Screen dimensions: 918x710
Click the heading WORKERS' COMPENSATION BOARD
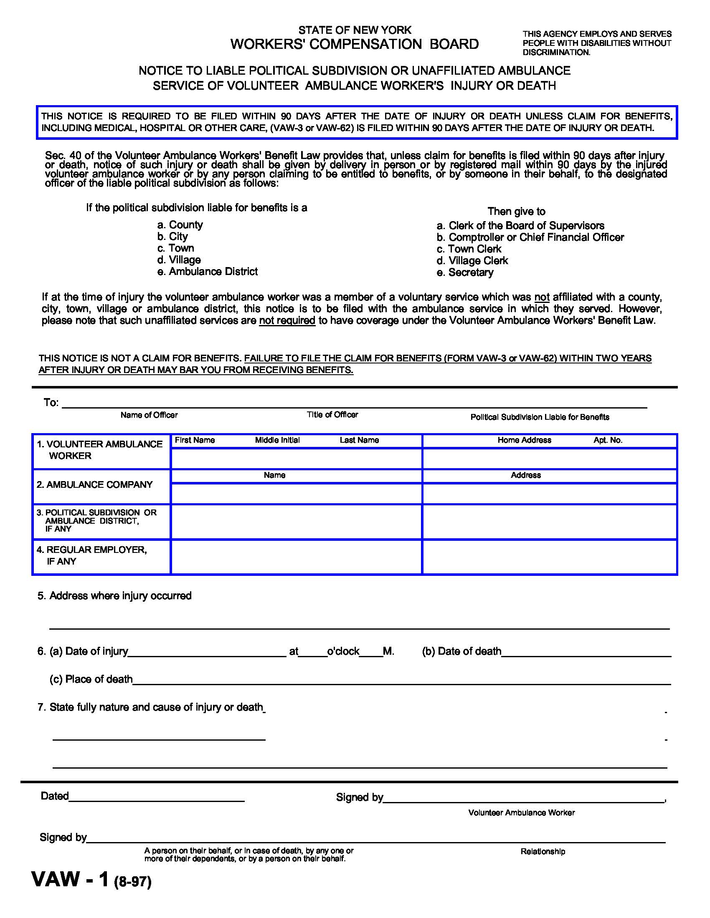(x=354, y=44)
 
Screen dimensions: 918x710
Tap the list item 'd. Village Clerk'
(x=472, y=261)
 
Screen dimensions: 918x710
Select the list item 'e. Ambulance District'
(x=208, y=272)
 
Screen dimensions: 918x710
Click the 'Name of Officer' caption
(x=149, y=415)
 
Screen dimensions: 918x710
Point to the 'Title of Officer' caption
(x=332, y=415)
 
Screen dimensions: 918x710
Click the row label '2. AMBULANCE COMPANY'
(x=95, y=484)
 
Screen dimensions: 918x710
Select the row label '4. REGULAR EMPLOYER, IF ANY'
(x=92, y=555)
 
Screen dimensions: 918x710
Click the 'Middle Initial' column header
(x=277, y=440)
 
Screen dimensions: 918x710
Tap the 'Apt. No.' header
(x=608, y=440)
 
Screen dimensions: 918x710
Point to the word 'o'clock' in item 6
(x=343, y=651)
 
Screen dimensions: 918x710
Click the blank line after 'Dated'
(x=157, y=798)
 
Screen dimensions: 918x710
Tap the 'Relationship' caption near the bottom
(x=543, y=852)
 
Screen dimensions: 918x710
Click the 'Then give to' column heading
(x=516, y=212)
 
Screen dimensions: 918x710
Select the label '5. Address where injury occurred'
(x=114, y=595)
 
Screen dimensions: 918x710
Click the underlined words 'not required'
(x=287, y=321)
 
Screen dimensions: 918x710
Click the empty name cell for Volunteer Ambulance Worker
(x=296, y=459)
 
